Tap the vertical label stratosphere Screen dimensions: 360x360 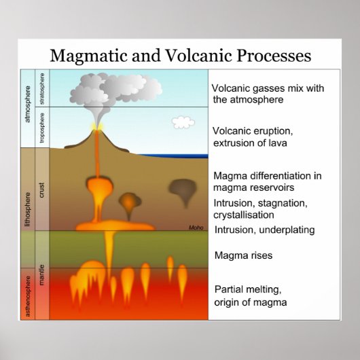42,88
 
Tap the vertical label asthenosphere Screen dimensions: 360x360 28,293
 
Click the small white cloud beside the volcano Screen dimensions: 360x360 182,122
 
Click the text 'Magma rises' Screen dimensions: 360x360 242,256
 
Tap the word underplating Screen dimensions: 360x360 285,230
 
